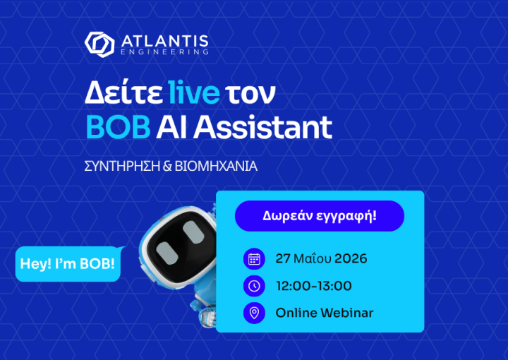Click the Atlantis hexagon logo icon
(99, 44)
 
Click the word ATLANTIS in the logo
(165, 41)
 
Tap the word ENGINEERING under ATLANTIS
(165, 52)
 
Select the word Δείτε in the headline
(123, 93)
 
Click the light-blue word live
(194, 92)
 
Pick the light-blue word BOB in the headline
(119, 127)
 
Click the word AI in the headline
(171, 127)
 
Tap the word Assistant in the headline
(262, 127)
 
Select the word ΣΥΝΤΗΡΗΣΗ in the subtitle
(122, 166)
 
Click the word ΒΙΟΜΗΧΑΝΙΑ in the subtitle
(216, 166)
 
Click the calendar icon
(254, 259)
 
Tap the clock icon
(254, 286)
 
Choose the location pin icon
(254, 313)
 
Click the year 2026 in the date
(351, 258)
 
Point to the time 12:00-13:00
(313, 286)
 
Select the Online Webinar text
(325, 313)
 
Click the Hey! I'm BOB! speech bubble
(69, 264)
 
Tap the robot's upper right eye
(193, 232)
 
